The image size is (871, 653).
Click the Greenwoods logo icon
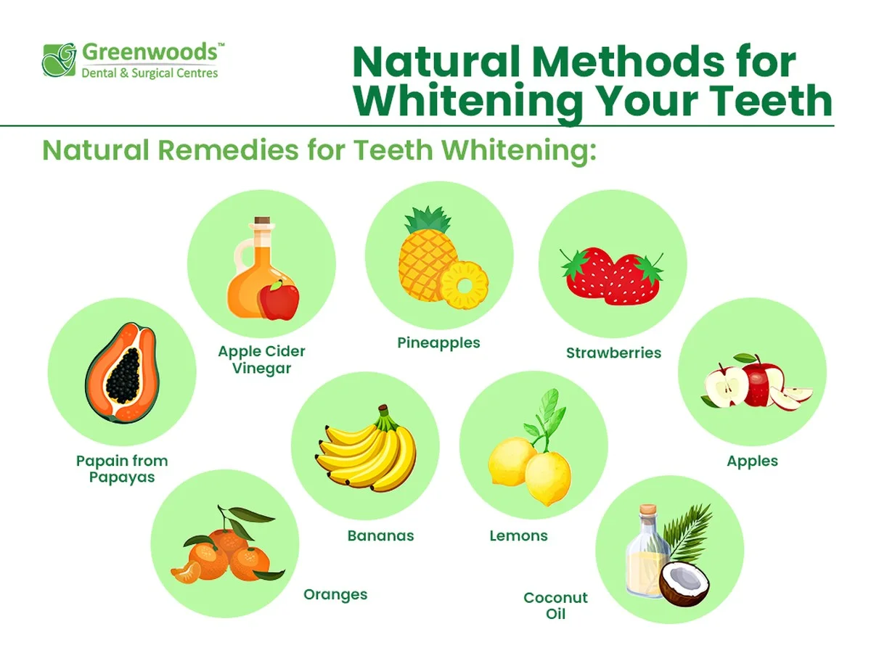click(59, 60)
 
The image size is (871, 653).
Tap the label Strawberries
click(613, 353)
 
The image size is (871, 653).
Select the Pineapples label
click(438, 343)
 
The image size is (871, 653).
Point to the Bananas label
click(380, 535)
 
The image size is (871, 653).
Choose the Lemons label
click(518, 535)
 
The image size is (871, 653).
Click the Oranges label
click(335, 595)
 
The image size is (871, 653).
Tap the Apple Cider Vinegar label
click(261, 360)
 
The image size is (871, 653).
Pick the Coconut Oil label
click(555, 605)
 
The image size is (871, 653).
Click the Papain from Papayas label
click(122, 469)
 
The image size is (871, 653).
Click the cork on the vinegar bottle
click(262, 221)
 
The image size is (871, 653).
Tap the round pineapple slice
click(465, 285)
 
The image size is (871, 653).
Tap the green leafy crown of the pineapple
click(428, 221)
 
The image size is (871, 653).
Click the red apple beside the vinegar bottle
click(279, 300)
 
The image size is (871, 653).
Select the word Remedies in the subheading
click(228, 150)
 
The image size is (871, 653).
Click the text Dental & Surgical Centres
click(150, 73)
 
